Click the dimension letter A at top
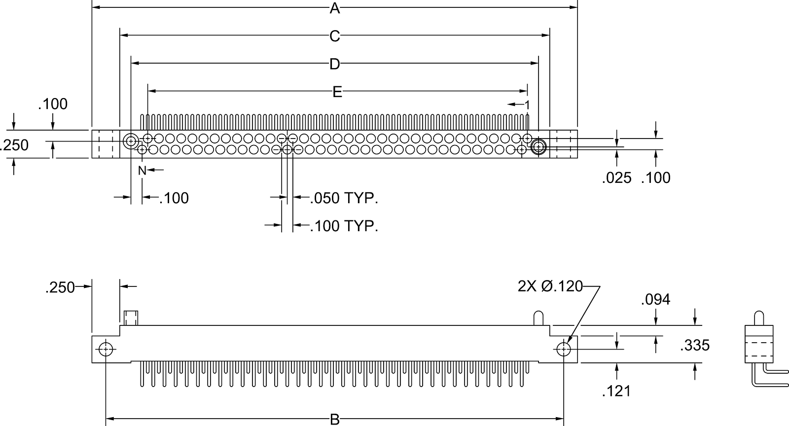coord(335,8)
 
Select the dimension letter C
coord(335,36)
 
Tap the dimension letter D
coord(335,64)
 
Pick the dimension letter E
coord(337,92)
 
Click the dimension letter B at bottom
coord(335,420)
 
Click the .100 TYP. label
coord(344,226)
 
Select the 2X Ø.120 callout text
coord(550,286)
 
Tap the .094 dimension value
coord(655,300)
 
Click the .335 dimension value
coord(695,346)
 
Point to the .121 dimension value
coord(616,391)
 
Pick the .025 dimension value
coord(616,178)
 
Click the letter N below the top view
coord(142,171)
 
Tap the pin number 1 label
coord(527,105)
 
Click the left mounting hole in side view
coord(106,349)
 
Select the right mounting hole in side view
coord(564,349)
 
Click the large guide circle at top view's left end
coord(131,142)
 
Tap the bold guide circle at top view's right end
coord(538,147)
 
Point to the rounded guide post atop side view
coord(538,318)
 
